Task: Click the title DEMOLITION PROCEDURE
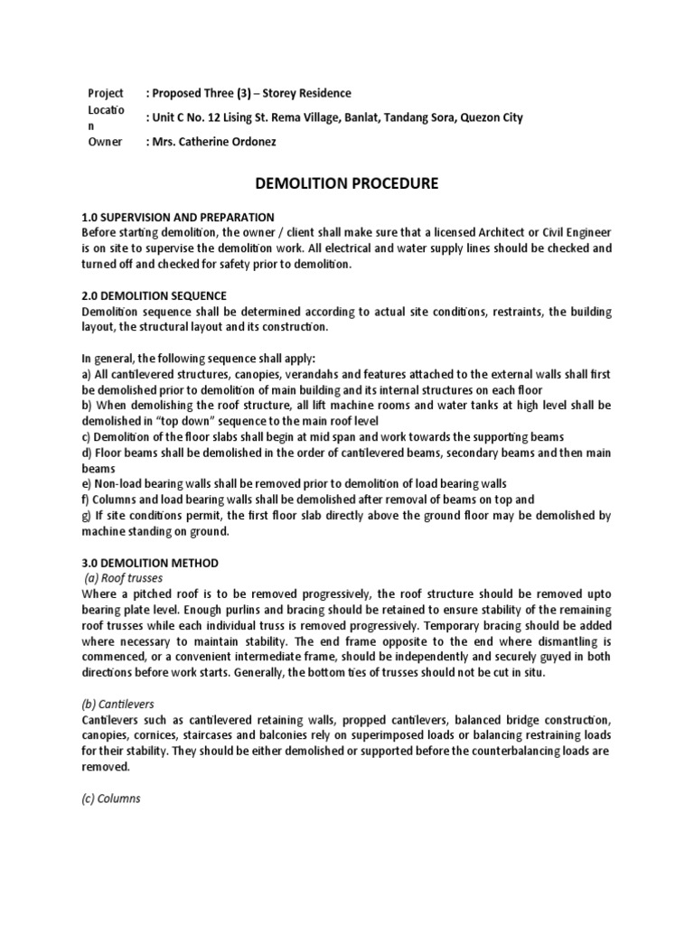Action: click(347, 183)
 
